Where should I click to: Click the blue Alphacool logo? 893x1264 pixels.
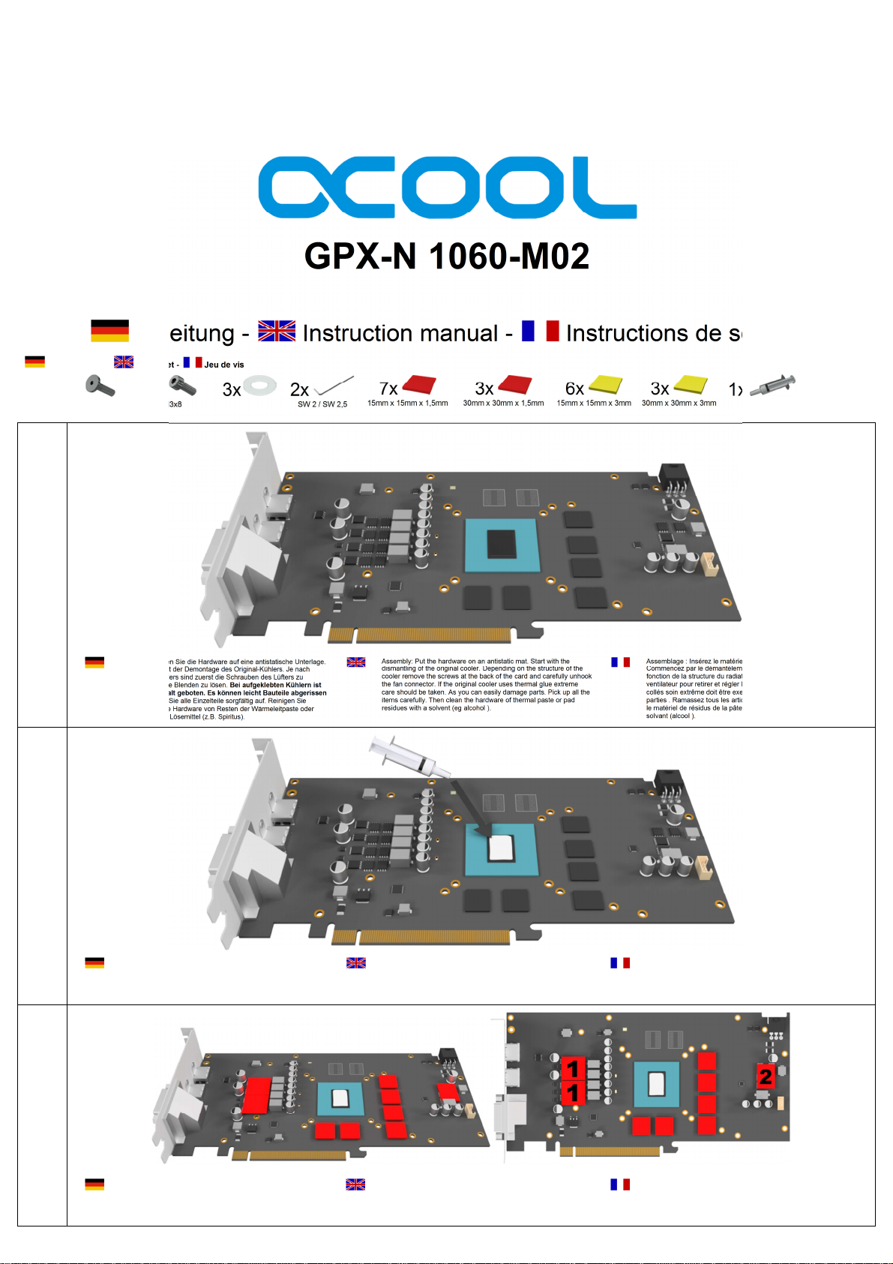[447, 188]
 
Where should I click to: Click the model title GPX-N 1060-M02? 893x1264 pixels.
[447, 257]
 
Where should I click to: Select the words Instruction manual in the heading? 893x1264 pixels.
[400, 333]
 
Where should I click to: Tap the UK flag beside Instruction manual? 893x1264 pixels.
[277, 331]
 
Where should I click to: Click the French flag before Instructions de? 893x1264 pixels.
[541, 331]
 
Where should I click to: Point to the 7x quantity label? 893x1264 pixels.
[388, 389]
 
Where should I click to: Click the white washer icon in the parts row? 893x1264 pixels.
[260, 386]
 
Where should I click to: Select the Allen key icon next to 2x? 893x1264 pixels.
[334, 386]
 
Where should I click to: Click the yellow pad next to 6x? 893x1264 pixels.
[606, 385]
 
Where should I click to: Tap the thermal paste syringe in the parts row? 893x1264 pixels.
[773, 385]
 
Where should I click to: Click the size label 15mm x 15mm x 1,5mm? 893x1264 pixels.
[407, 404]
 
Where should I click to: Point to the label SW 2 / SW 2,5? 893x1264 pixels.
[322, 404]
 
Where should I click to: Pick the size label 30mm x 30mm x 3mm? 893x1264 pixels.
[679, 404]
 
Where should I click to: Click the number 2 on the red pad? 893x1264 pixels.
[765, 1076]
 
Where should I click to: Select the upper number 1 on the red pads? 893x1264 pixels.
[573, 1068]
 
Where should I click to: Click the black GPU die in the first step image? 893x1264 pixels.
[502, 544]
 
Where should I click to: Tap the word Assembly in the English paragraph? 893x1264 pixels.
[397, 662]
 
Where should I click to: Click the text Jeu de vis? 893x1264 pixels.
[224, 365]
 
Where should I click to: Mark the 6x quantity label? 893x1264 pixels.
[574, 389]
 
